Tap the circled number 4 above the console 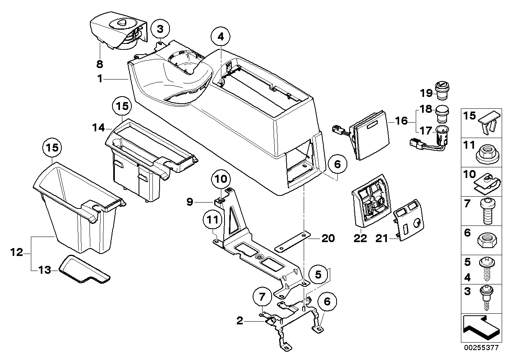220,37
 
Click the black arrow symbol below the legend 481,327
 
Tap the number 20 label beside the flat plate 328,238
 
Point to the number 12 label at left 17,252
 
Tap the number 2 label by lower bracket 240,321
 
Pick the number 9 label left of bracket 190,202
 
